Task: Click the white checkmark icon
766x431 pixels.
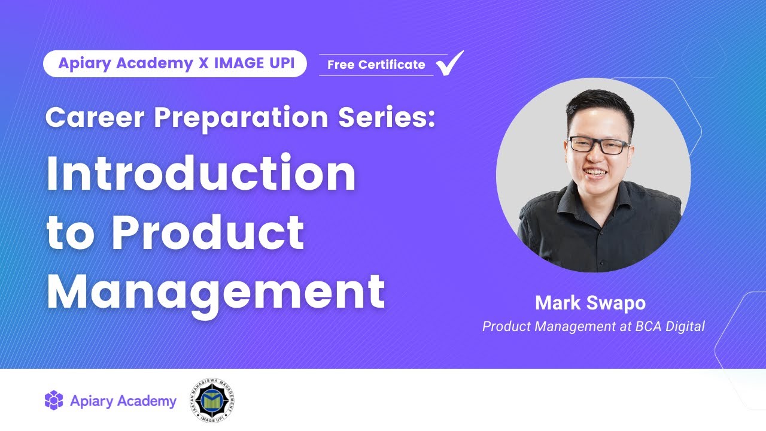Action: [x=450, y=63]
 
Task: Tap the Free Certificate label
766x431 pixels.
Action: [x=376, y=65]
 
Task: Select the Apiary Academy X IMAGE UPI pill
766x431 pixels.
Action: [x=175, y=64]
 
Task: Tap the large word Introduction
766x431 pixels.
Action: [x=201, y=174]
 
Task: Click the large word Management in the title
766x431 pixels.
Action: [x=215, y=290]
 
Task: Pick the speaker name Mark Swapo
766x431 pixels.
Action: [x=590, y=303]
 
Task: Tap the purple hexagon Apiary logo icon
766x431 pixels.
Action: [x=54, y=400]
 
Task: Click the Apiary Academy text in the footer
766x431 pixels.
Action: [x=123, y=401]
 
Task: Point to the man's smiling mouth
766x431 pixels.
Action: [x=596, y=172]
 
